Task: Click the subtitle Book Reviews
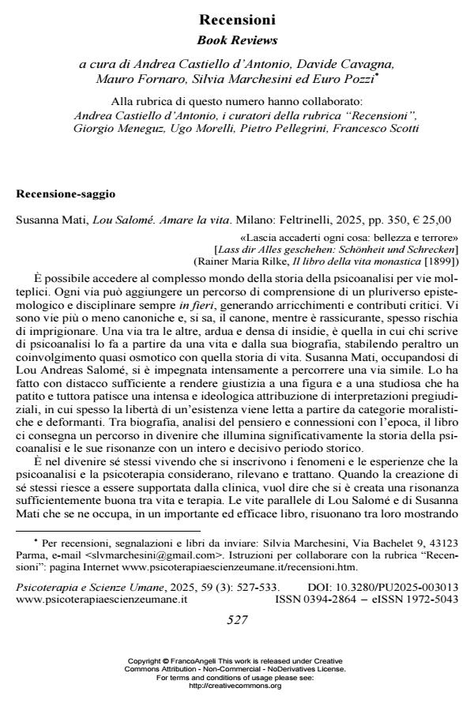pos(237,39)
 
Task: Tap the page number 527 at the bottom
pos(237,620)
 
